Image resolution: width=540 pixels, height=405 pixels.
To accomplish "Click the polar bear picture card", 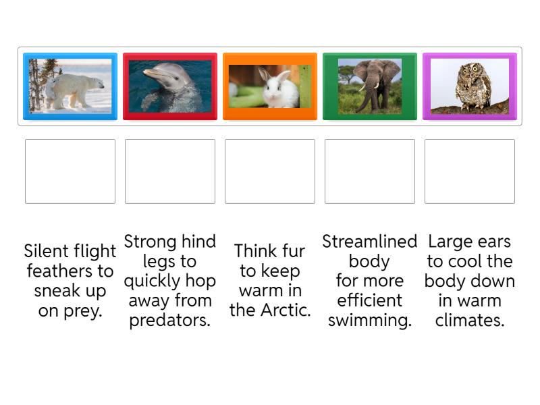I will point(70,86).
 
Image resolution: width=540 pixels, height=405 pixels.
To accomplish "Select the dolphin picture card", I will point(170,86).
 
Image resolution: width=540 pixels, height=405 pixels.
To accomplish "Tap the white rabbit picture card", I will point(270,86).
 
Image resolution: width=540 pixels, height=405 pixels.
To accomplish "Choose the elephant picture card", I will point(370,86).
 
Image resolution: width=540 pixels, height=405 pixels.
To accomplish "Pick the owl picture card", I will point(470,86).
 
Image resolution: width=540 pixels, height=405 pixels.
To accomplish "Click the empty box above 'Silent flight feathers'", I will point(70,171).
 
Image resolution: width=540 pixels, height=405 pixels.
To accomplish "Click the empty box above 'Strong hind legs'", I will point(170,171).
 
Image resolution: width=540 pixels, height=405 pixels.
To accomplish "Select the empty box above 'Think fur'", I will point(270,171).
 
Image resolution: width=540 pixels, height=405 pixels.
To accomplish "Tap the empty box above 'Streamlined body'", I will point(370,171).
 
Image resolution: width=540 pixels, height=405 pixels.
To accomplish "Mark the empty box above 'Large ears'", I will point(470,171).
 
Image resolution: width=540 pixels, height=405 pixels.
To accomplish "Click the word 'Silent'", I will point(46,252).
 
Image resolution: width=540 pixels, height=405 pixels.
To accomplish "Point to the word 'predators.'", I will point(170,320).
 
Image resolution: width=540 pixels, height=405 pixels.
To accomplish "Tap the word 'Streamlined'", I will point(370,242).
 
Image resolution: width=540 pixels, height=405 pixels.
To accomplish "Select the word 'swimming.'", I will point(370,320).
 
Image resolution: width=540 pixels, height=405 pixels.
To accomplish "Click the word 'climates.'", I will point(470,320).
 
